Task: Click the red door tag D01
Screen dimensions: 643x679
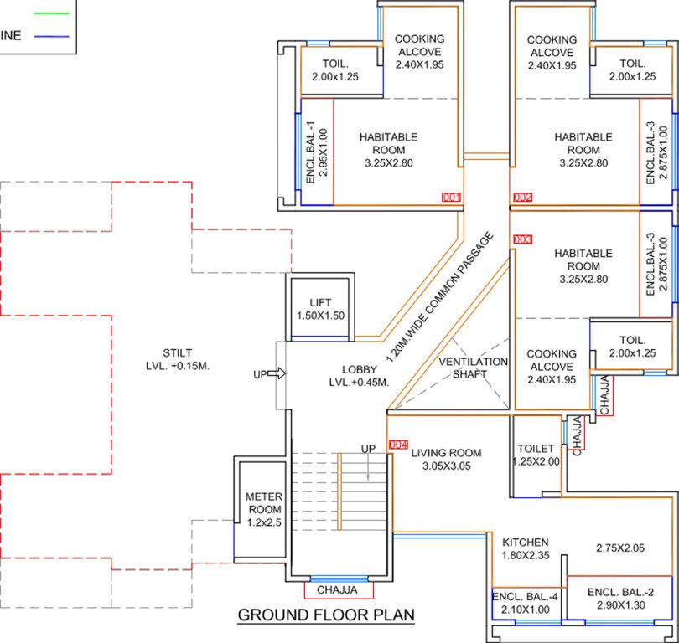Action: [451, 198]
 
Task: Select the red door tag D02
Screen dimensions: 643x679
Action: [522, 198]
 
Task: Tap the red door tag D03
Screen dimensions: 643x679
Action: [522, 239]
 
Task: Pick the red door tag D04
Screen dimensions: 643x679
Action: [397, 445]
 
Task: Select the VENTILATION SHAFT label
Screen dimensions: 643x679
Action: [474, 368]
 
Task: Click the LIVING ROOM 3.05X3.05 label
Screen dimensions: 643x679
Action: [446, 460]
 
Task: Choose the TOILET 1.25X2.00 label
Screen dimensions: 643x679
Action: [537, 455]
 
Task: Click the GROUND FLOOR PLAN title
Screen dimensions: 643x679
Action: [326, 615]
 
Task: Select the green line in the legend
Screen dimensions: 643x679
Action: [49, 13]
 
